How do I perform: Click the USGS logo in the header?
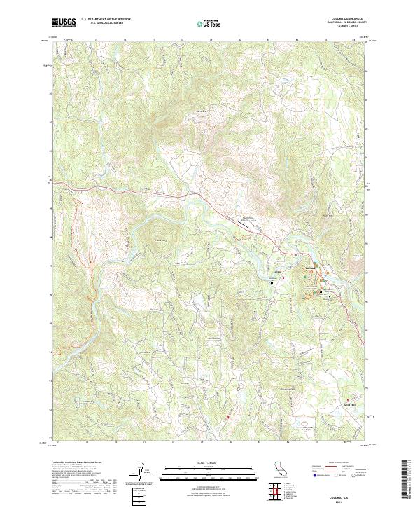64,22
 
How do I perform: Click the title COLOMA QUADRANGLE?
342,19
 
